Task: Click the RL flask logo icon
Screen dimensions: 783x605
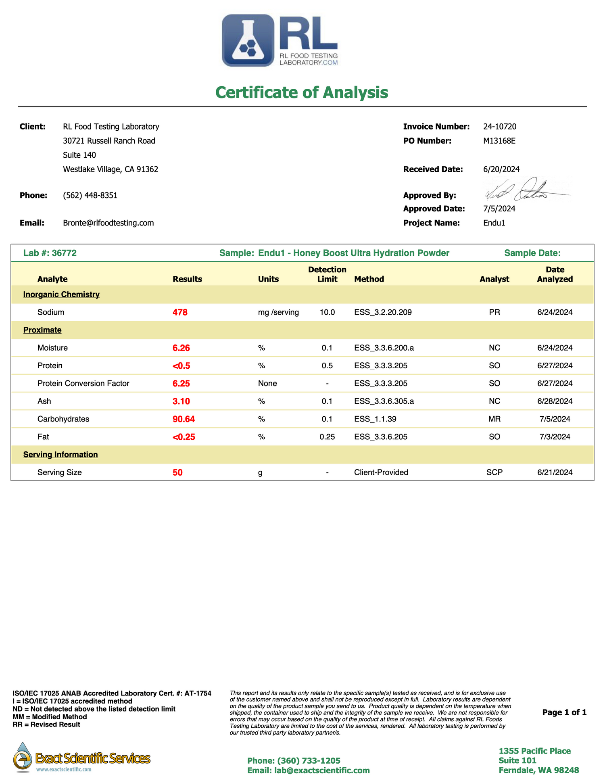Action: point(248,40)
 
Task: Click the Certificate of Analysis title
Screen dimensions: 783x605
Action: point(302,92)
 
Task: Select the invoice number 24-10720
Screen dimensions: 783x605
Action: point(500,127)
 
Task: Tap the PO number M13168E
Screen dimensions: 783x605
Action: point(499,141)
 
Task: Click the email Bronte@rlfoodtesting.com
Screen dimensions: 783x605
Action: point(108,223)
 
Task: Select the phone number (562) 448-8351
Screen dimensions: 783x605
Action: point(90,195)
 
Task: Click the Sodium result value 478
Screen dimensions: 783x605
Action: point(180,312)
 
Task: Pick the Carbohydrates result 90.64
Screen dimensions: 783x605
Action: point(184,419)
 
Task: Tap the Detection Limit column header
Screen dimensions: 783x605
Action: point(327,274)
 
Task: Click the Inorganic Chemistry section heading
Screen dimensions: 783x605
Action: point(61,294)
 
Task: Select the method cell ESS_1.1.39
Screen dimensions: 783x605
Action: point(375,419)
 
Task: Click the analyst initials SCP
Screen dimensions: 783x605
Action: point(494,472)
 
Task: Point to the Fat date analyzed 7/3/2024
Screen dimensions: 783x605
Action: point(555,437)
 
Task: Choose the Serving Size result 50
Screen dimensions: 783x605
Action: point(177,472)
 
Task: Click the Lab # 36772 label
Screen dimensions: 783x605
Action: point(50,253)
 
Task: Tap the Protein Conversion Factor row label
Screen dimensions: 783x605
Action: point(83,384)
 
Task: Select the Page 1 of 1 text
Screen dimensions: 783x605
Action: point(564,712)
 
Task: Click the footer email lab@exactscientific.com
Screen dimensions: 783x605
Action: point(309,770)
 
